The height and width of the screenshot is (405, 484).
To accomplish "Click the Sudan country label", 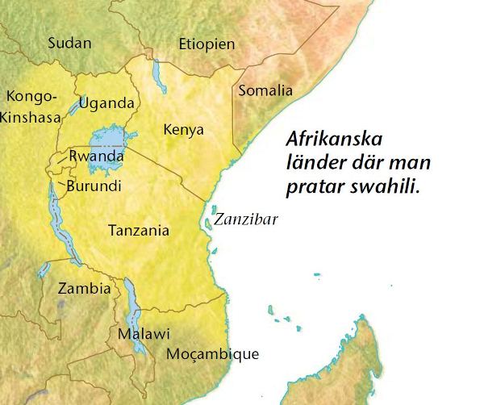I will [70, 43].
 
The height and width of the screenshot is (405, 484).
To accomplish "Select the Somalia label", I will [265, 90].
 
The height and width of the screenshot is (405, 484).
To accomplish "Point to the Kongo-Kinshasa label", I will [31, 106].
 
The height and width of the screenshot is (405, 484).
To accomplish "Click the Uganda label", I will [106, 103].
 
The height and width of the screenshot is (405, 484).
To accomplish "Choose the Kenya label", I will [183, 129].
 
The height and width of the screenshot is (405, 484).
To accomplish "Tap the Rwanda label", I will [97, 156].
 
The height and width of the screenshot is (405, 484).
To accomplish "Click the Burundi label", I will [95, 186].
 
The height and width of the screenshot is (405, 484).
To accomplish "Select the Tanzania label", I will [139, 231].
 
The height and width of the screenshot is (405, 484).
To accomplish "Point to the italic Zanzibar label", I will [244, 219].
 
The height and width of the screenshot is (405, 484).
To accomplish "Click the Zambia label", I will [84, 288].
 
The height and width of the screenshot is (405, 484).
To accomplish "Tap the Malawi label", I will [144, 333].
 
